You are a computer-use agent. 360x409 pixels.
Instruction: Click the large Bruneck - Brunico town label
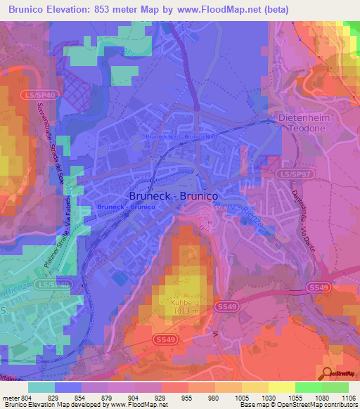pos(173,197)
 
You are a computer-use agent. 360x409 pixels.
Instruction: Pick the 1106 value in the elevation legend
pos(347,398)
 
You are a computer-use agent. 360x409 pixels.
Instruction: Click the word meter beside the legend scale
pos(10,398)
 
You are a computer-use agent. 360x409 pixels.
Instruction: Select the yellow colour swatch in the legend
pos(281,387)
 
